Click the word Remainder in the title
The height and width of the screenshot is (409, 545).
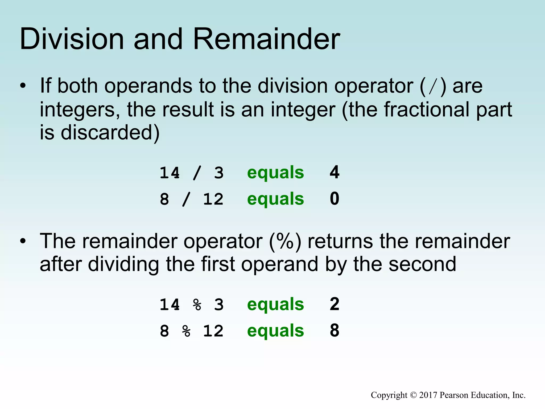pos(266,39)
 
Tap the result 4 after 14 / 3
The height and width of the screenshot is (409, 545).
pos(335,172)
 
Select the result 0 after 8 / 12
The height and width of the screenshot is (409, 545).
pos(335,199)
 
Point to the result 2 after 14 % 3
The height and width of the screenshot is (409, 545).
pos(335,304)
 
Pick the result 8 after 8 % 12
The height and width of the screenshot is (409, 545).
pos(335,330)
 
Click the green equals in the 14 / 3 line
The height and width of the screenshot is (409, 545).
pos(275,173)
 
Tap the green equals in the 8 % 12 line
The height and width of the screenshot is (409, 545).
pos(275,331)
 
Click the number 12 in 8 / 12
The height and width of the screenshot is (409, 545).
pos(213,199)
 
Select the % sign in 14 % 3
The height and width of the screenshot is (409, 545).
pos(197,305)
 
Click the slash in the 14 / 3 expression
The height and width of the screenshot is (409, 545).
pos(197,173)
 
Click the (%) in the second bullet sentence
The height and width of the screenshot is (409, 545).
pos(285,241)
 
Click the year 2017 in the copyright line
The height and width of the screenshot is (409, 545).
pos(428,395)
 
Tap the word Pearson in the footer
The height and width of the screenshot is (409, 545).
pos(454,395)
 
